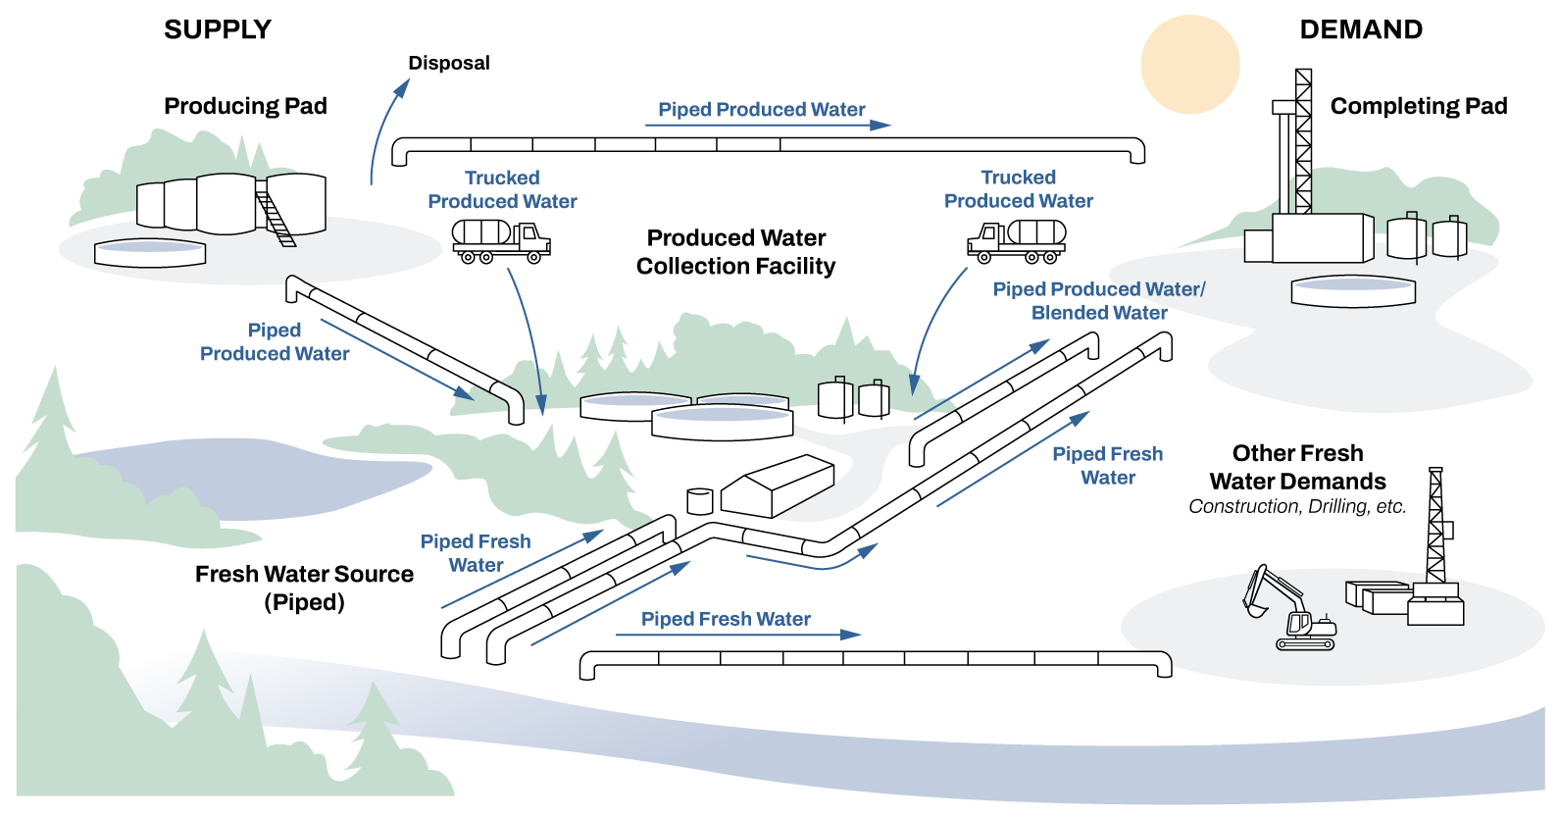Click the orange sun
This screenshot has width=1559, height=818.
tap(1189, 64)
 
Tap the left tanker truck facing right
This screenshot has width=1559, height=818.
tap(499, 240)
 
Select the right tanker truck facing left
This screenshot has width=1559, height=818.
tap(1018, 240)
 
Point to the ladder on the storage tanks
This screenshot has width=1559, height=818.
tap(275, 218)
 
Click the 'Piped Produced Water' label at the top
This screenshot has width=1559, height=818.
tap(761, 109)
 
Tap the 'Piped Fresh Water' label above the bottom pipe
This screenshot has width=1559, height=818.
tap(726, 619)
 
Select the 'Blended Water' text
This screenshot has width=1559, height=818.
tap(1099, 313)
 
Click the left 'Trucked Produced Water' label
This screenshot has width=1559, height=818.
tap(502, 189)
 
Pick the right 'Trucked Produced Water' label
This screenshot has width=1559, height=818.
tap(1019, 189)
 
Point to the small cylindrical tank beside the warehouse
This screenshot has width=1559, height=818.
tap(699, 501)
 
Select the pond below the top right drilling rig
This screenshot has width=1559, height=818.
tap(1352, 290)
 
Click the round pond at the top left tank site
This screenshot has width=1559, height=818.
tap(150, 252)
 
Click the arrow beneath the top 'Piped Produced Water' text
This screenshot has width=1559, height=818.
tap(768, 126)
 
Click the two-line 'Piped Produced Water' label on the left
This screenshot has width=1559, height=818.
tap(275, 341)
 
